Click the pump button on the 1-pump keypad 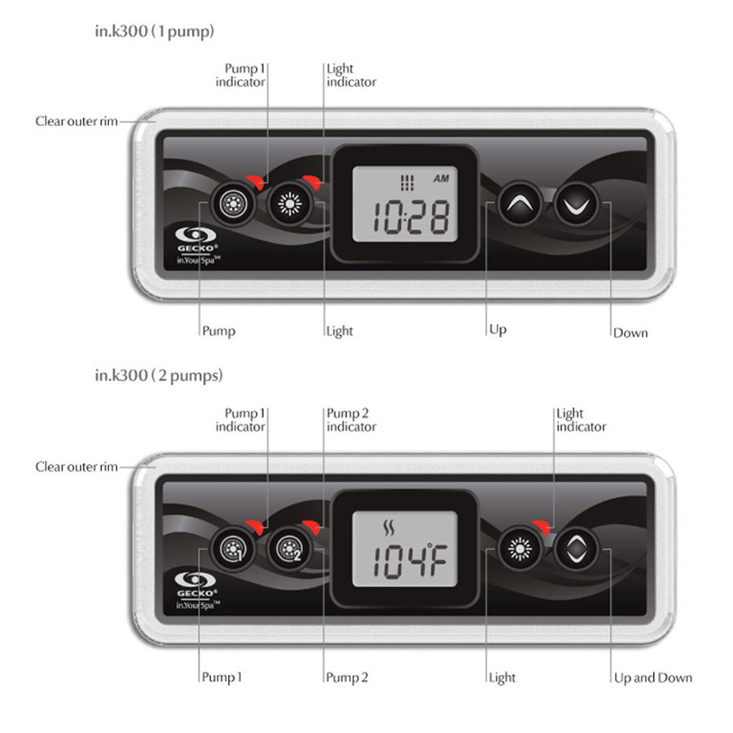coord(233,204)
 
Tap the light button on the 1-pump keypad coord(290,204)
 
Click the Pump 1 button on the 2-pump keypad coord(233,549)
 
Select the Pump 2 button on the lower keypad coord(290,549)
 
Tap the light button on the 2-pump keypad coord(520,549)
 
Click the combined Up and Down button coord(577,549)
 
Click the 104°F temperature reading coord(410,561)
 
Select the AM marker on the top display coord(441,178)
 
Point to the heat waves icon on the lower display coord(388,528)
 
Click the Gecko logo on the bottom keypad coord(197,591)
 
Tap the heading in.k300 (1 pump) coord(155,31)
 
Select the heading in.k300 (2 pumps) coord(159,375)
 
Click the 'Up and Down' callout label coord(653,678)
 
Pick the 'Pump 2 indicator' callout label coord(351,419)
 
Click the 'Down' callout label coord(630,333)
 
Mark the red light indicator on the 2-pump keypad coord(542,526)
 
